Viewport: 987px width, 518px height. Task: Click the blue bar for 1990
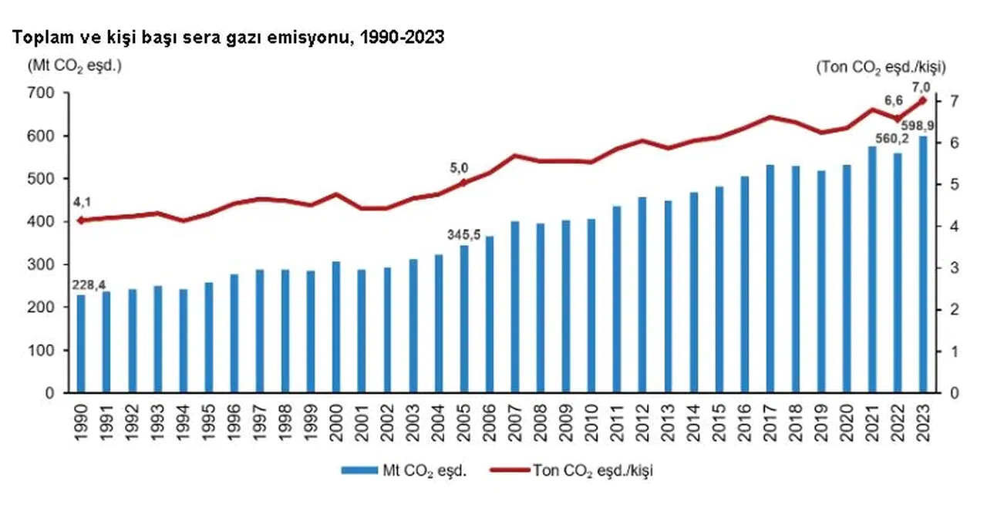coord(81,344)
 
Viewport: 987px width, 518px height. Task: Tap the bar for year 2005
coord(464,319)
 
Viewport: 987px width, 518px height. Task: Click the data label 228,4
coord(89,285)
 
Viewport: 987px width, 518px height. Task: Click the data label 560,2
coord(892,139)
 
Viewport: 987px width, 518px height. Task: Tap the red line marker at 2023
coord(922,100)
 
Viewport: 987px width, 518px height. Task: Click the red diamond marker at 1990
coord(81,220)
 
